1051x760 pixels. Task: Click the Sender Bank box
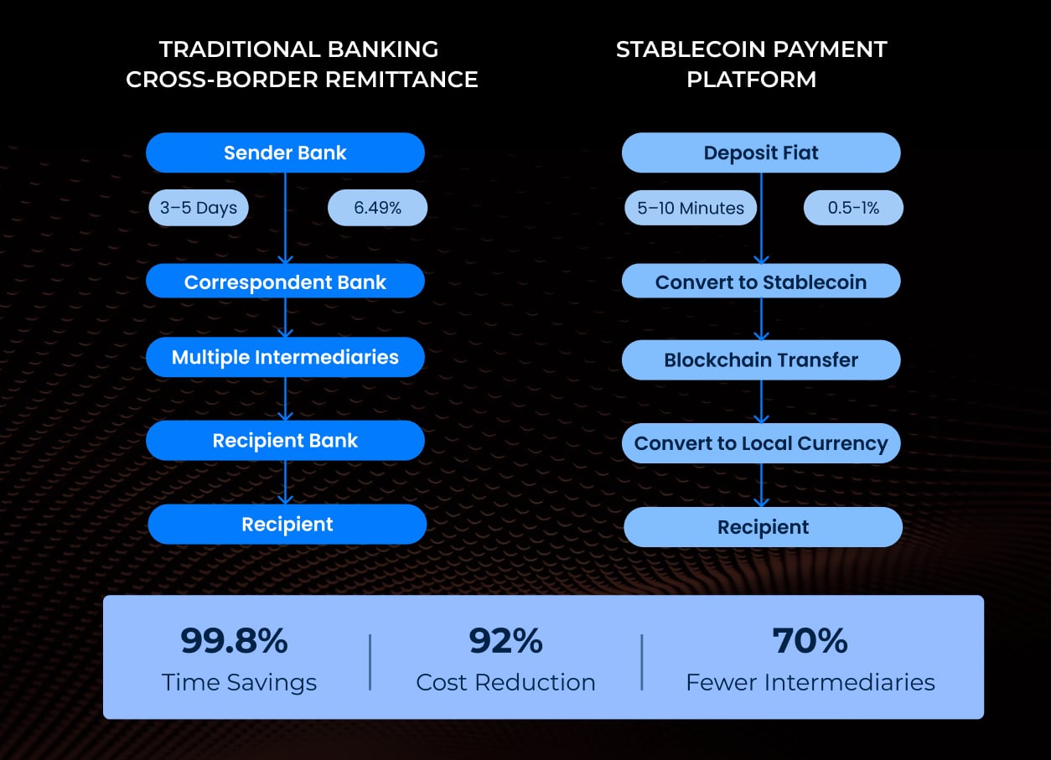[x=285, y=153]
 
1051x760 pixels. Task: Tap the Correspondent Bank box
[x=285, y=282]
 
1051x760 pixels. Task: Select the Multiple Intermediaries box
[x=285, y=357]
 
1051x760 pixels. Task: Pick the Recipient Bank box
[x=285, y=441]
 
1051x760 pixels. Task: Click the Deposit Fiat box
[x=761, y=153]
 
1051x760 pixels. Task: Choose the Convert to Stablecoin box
[x=761, y=282]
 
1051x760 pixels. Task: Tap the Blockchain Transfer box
[x=761, y=360]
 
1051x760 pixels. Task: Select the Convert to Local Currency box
[x=761, y=443]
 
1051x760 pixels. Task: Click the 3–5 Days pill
[x=199, y=208]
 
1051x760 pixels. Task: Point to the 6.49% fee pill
[x=377, y=208]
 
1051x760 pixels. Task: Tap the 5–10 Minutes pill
[x=691, y=208]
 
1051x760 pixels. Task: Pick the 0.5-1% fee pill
[x=853, y=208]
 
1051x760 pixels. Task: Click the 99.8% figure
[x=234, y=642]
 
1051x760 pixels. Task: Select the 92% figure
[x=505, y=642]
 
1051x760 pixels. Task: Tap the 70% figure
[x=810, y=642]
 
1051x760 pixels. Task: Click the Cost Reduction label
[x=505, y=682]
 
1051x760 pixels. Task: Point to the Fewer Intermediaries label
[x=810, y=682]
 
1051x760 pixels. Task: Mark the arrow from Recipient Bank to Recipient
[x=285, y=483]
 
